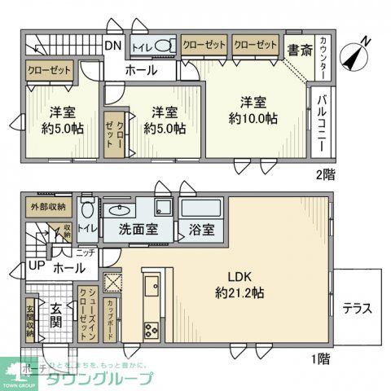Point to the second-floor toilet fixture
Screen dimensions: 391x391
coord(162,46)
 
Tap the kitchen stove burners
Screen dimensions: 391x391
coord(152,330)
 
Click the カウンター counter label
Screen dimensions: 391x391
coord(323,58)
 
